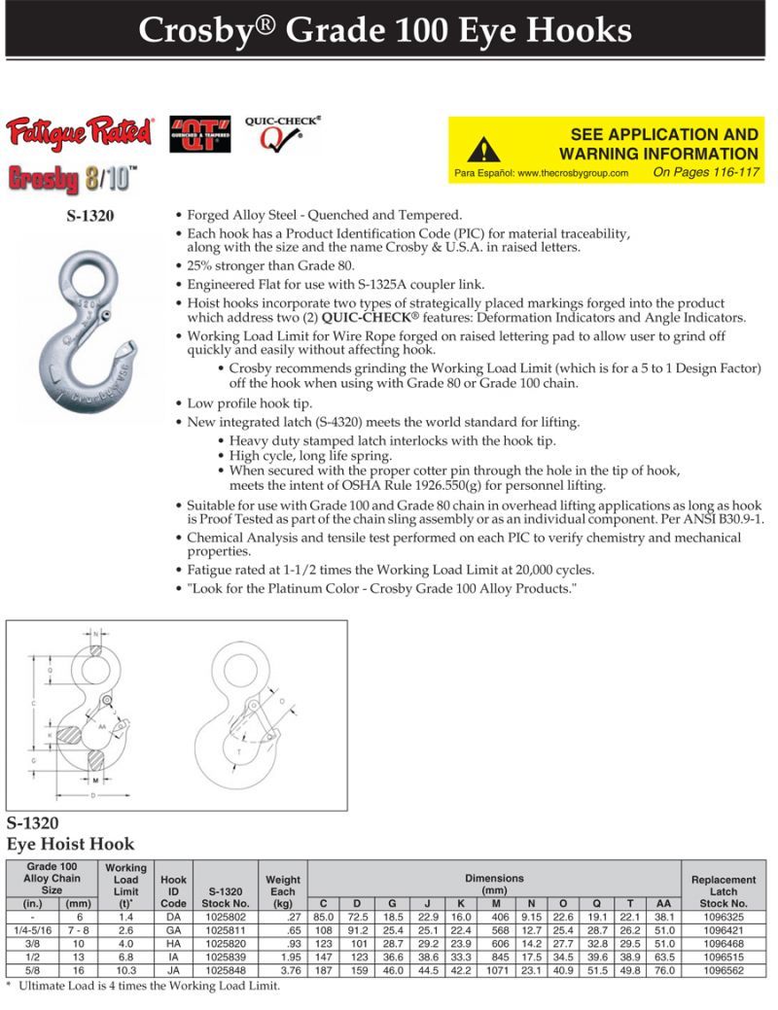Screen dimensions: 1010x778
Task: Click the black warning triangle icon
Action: pos(483,150)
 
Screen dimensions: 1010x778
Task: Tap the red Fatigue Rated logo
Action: pos(79,131)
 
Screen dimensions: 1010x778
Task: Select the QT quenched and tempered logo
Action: pos(200,134)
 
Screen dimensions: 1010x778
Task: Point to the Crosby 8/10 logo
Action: pos(73,180)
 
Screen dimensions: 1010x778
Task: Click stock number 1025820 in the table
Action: pos(225,944)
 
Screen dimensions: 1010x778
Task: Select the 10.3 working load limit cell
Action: pos(125,971)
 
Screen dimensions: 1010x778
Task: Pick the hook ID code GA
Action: pos(173,930)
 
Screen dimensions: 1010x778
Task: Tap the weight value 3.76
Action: pos(282,971)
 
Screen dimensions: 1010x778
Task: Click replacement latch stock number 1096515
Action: pos(724,958)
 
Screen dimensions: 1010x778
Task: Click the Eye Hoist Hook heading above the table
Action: pos(71,844)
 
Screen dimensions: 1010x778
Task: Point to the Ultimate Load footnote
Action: pos(146,986)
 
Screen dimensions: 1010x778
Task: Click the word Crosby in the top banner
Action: pos(203,31)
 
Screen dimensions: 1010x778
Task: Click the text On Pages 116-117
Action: pos(705,172)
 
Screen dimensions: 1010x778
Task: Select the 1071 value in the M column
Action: pos(495,971)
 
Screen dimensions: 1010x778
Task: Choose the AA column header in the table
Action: pos(663,903)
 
